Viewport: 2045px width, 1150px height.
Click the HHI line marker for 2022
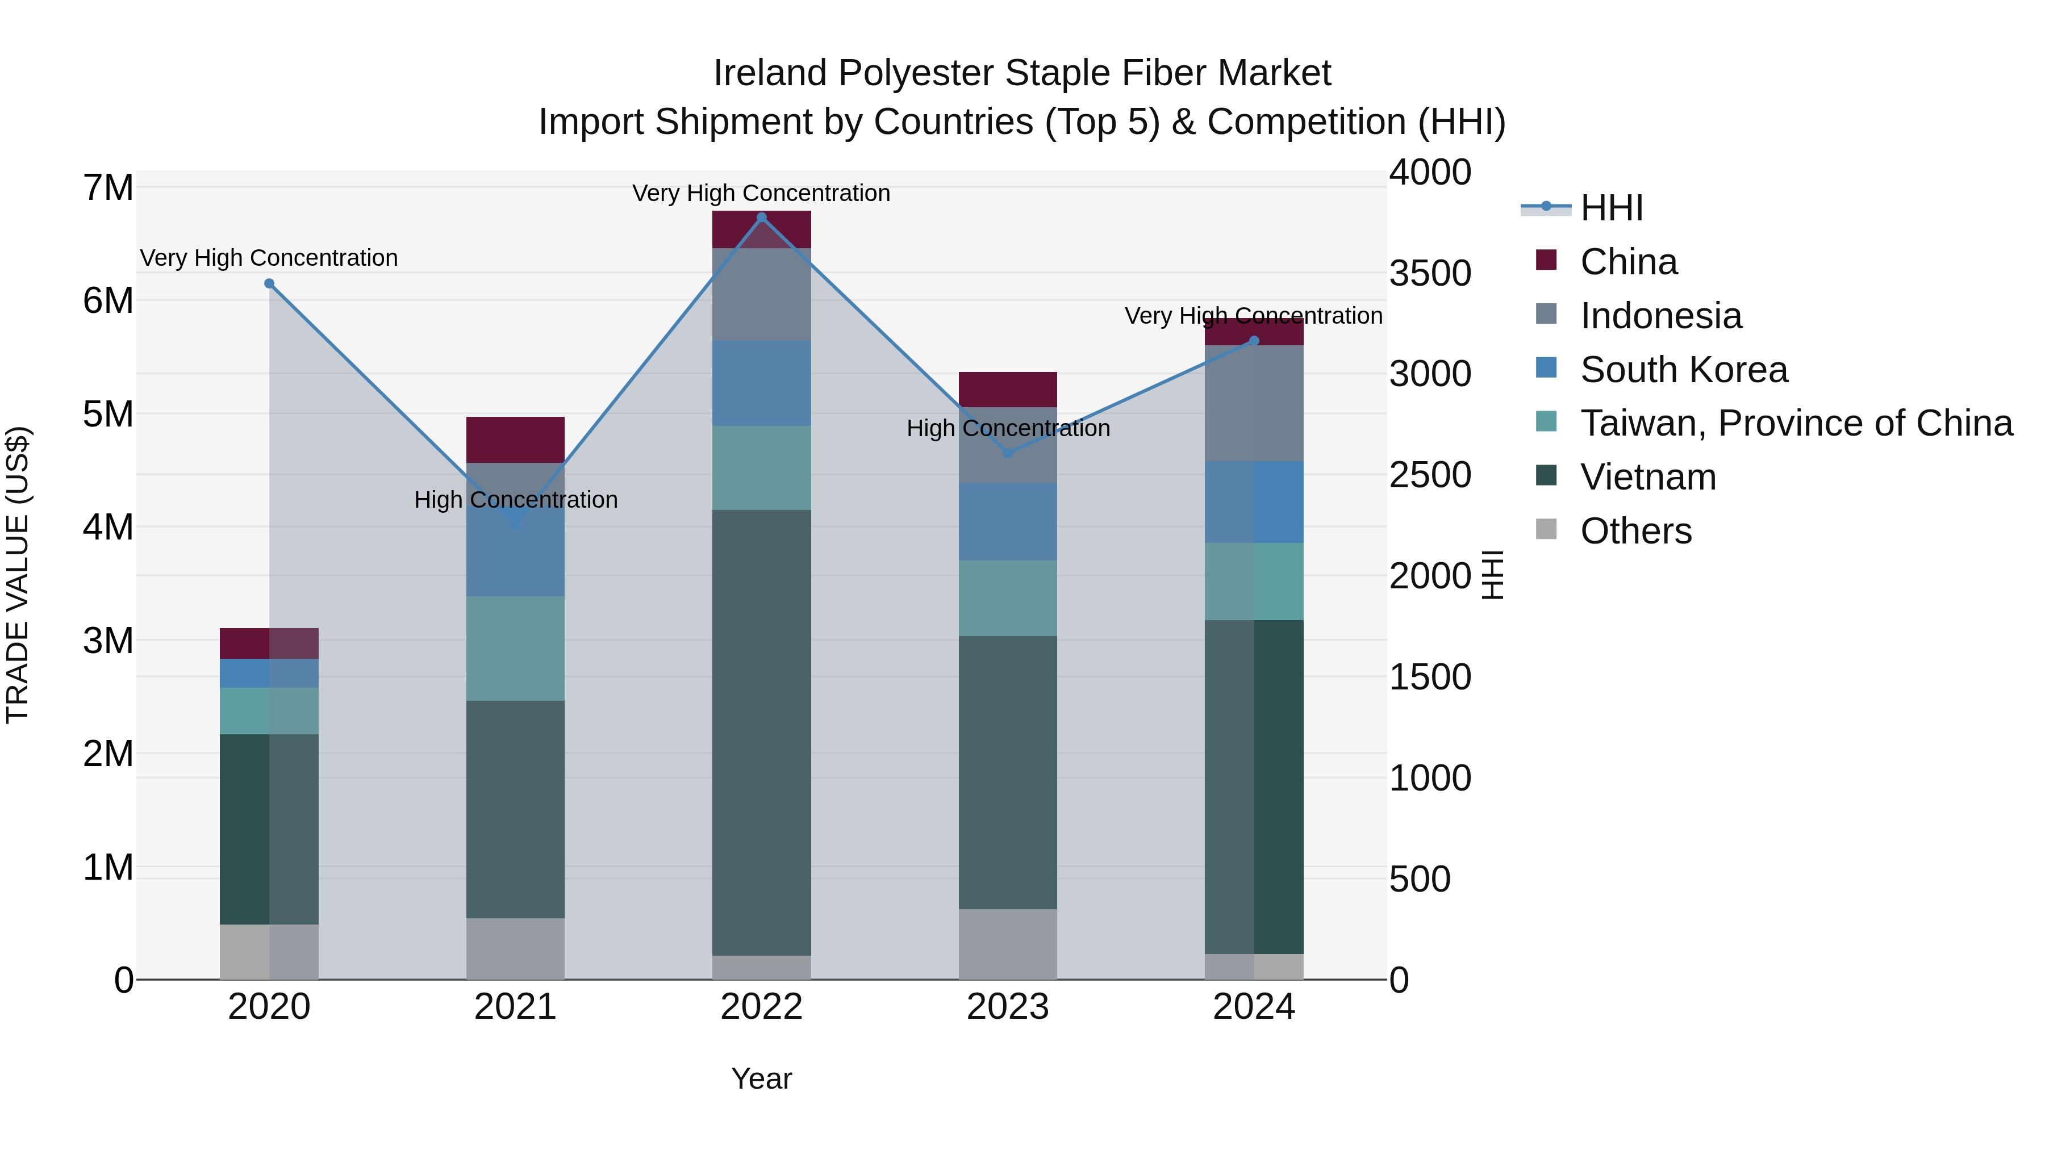[761, 218]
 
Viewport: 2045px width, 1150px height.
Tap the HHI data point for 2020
[269, 283]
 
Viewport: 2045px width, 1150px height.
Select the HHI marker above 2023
[1007, 453]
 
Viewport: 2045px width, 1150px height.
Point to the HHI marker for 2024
[1254, 341]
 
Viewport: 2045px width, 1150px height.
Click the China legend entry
[1627, 262]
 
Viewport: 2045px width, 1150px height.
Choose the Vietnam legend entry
[1647, 477]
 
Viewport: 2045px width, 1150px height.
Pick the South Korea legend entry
[1683, 370]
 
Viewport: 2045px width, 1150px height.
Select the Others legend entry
[1635, 531]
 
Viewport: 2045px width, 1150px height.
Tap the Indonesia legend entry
[1660, 316]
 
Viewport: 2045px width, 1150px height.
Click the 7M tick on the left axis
[108, 188]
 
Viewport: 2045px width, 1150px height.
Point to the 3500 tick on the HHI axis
[1430, 273]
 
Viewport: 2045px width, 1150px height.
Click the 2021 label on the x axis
[515, 1007]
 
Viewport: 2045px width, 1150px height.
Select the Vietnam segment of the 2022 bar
[761, 730]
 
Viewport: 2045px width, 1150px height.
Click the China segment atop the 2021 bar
[515, 440]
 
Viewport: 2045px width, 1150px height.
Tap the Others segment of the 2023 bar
[1007, 944]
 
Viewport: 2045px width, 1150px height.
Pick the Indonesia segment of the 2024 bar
[1254, 403]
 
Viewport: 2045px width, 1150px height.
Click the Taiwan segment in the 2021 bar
[515, 647]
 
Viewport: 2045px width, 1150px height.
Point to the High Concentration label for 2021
[516, 500]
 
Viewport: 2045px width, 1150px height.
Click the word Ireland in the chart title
[770, 73]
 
